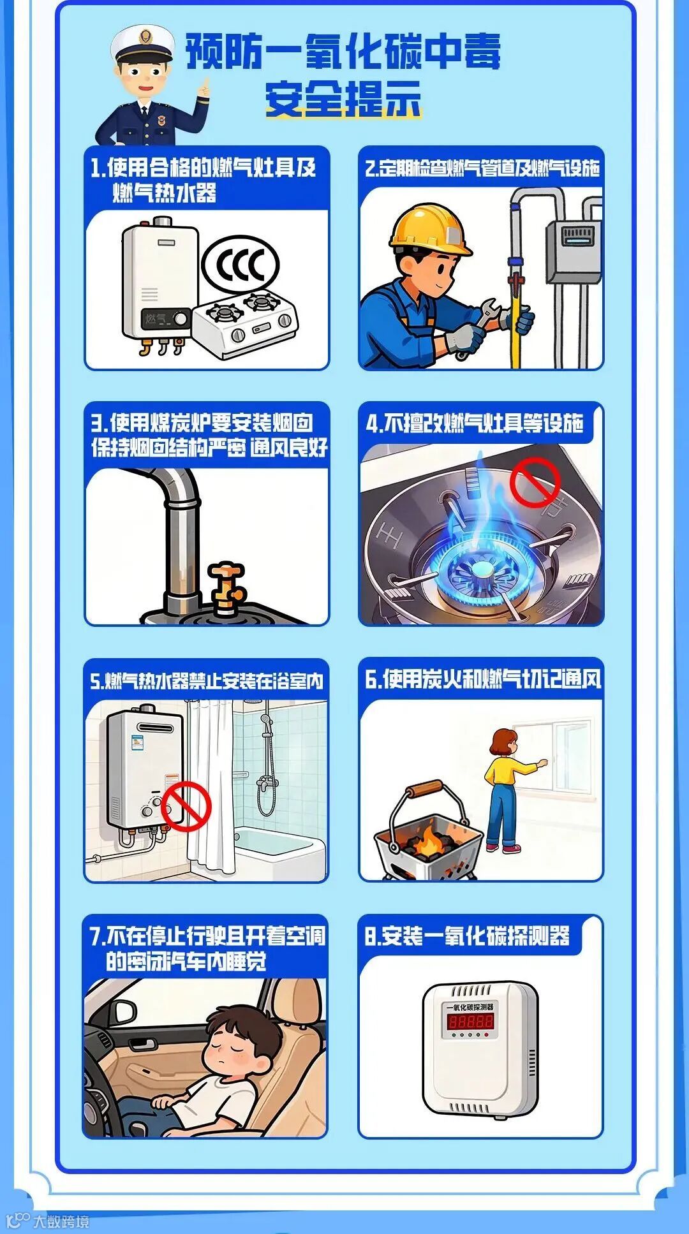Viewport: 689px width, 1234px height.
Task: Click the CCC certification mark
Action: [240, 264]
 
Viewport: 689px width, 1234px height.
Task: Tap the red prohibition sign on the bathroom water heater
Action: [186, 807]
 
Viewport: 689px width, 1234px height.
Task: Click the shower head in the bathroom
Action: [265, 719]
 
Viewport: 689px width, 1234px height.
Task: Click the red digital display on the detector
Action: [470, 1021]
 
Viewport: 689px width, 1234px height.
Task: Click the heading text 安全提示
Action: [344, 99]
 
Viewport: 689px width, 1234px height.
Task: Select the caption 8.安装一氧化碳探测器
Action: [467, 936]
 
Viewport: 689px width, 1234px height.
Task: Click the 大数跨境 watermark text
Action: [61, 1221]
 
